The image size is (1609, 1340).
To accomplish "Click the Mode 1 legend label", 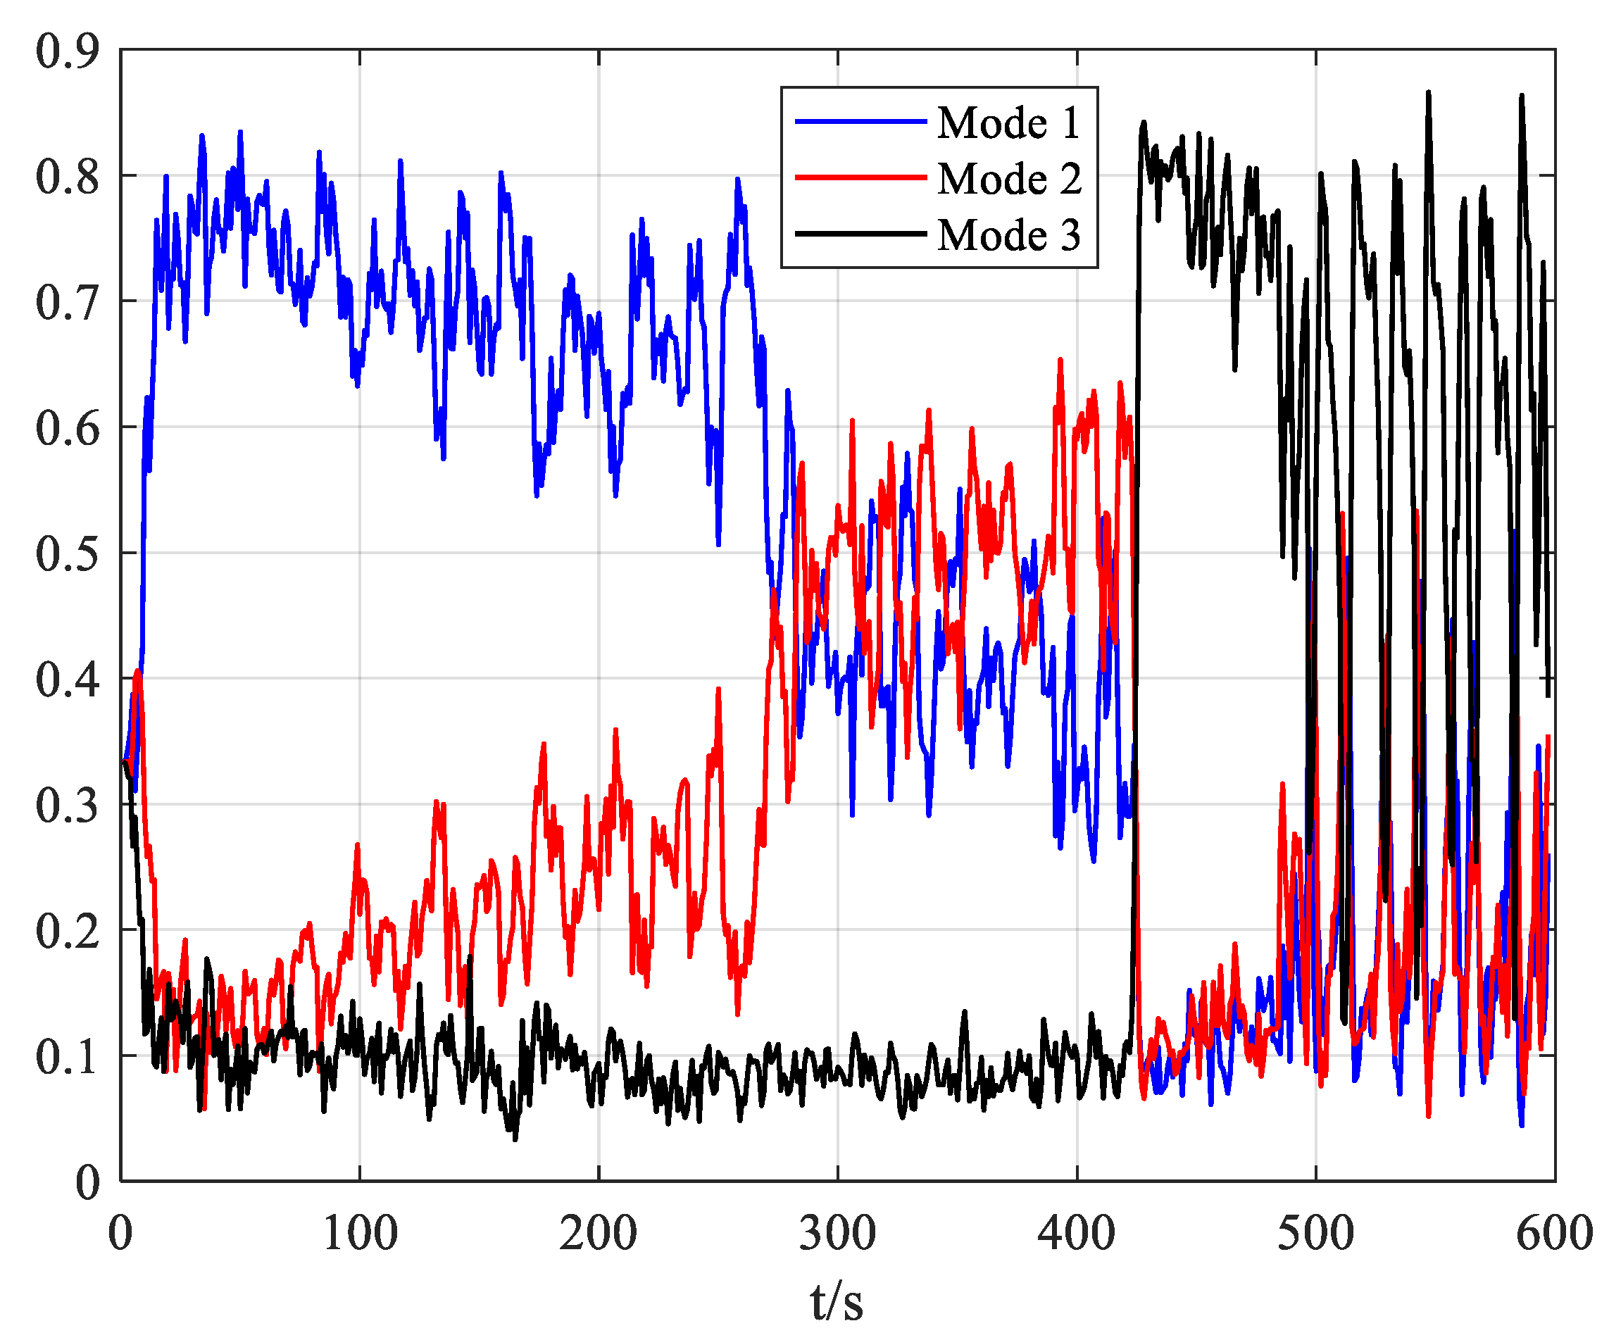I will (x=1008, y=123).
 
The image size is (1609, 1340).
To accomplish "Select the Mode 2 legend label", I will (x=1008, y=179).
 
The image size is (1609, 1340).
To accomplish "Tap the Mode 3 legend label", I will (x=1008, y=234).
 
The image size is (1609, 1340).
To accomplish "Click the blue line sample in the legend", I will (x=860, y=122).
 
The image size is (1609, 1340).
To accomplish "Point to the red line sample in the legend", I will (x=860, y=177).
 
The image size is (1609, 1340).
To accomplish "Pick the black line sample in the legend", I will (x=860, y=234).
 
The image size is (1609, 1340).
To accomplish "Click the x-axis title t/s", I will (x=837, y=1302).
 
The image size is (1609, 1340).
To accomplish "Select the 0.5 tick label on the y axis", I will (x=68, y=553).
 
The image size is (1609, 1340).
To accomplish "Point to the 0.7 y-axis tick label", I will (x=68, y=303).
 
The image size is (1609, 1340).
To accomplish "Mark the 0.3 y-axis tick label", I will (x=68, y=806).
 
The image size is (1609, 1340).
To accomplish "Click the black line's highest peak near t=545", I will (x=1428, y=92).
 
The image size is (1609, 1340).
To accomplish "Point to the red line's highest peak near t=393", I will (x=1060, y=359).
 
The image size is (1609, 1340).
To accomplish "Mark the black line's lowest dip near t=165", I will (x=515, y=1139).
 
